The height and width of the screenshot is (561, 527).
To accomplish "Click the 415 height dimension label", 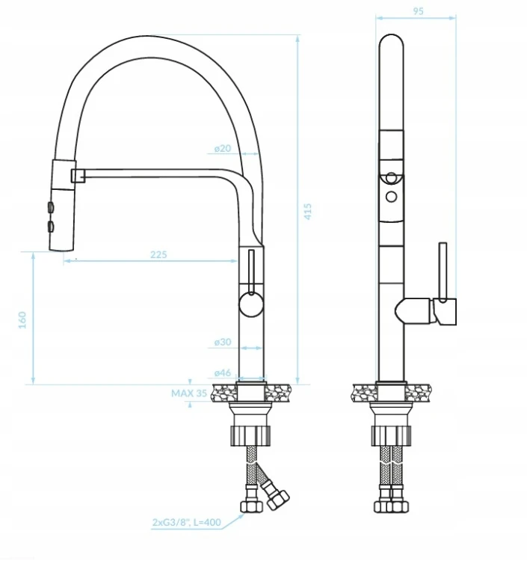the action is [307, 211].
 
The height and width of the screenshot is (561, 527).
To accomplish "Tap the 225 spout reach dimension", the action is [158, 254].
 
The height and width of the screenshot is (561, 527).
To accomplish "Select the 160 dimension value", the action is [22, 320].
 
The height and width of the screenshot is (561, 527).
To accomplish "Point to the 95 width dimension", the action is [418, 11].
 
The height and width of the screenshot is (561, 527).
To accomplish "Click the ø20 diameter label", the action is [223, 148].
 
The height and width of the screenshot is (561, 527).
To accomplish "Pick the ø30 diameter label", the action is [223, 342].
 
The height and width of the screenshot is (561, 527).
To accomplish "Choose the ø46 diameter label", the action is [223, 373].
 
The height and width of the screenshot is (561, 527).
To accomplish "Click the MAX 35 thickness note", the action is [189, 393].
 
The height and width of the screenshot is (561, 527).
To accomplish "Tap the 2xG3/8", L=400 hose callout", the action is [187, 522].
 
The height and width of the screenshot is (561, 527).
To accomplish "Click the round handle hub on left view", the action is [251, 304].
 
